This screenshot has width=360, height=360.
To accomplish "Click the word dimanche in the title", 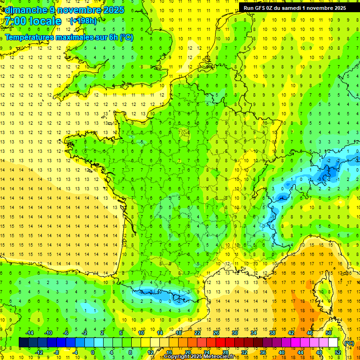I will tap(24, 10).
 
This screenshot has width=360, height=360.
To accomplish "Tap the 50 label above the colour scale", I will tap(328, 333).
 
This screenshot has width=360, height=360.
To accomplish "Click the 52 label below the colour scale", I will tap(337, 352).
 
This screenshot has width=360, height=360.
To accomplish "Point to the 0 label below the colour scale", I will tap(93, 352).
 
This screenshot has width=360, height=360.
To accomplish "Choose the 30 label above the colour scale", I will tap(234, 333).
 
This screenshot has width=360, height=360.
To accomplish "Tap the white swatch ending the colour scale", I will tap(333, 342).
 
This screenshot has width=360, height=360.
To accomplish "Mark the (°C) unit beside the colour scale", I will tap(349, 343).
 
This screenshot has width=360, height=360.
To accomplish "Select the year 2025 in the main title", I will tap(113, 10).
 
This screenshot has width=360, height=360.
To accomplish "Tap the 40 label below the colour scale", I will tap(281, 352).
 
